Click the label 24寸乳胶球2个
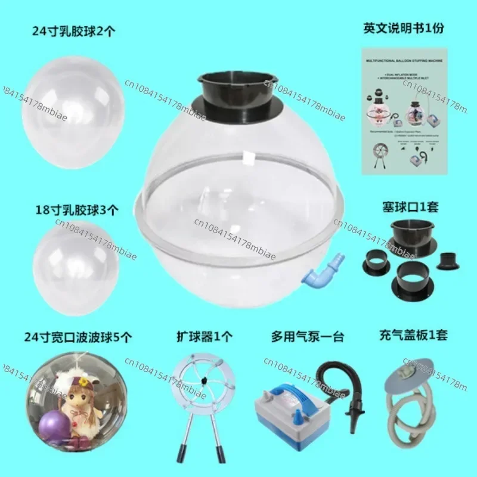tap(74, 31)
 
